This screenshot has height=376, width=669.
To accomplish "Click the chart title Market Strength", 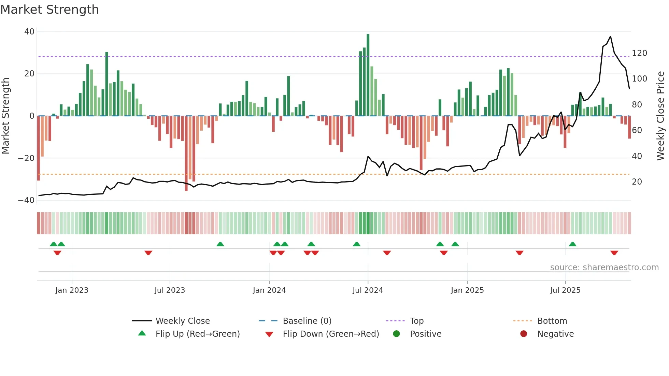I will pyautogui.click(x=49, y=10).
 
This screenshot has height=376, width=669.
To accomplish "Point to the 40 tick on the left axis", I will pyautogui.click(x=29, y=32).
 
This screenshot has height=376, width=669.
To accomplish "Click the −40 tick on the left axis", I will pyautogui.click(x=26, y=200).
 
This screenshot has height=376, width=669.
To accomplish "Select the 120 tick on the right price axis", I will pyautogui.click(x=639, y=53).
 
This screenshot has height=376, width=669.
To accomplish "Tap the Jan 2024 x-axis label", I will pyautogui.click(x=269, y=290).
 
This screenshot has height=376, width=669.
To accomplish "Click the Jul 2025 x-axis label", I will pyautogui.click(x=565, y=290).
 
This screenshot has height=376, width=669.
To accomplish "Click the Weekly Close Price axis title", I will pyautogui.click(x=660, y=116).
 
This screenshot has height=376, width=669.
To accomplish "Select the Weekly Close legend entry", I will pyautogui.click(x=182, y=321).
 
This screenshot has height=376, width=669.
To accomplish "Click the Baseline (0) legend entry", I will pyautogui.click(x=307, y=321).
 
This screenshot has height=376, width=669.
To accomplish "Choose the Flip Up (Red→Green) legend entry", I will pyautogui.click(x=197, y=334).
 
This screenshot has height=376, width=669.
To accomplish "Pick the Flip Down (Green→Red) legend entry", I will pyautogui.click(x=330, y=334).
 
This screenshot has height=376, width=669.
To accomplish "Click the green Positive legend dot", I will pyautogui.click(x=396, y=334).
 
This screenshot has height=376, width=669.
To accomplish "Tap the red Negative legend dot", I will pyautogui.click(x=524, y=334).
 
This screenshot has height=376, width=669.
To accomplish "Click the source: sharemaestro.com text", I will pyautogui.click(x=604, y=267).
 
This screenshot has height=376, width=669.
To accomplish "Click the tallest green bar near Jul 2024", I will pyautogui.click(x=368, y=75).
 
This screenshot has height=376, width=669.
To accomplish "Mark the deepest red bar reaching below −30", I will pyautogui.click(x=186, y=154).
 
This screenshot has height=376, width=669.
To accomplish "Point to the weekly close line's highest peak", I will pyautogui.click(x=610, y=37).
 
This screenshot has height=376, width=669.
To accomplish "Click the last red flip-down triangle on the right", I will pyautogui.click(x=614, y=253).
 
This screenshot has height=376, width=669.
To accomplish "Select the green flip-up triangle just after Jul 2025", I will pyautogui.click(x=572, y=244).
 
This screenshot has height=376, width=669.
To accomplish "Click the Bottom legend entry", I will pyautogui.click(x=552, y=321).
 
